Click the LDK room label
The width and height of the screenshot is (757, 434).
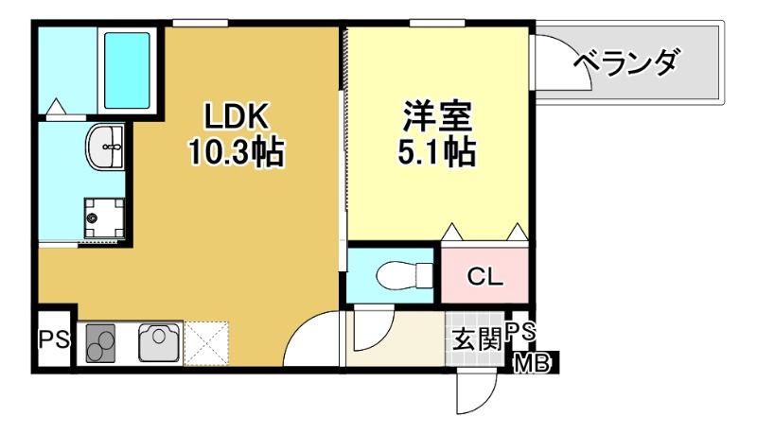point(240,116)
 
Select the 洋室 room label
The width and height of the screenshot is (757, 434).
point(436,116)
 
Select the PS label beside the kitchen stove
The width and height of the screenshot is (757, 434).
point(54,339)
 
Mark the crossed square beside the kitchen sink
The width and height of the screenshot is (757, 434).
point(207,342)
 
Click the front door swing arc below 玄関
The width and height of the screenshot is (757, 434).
point(475,392)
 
